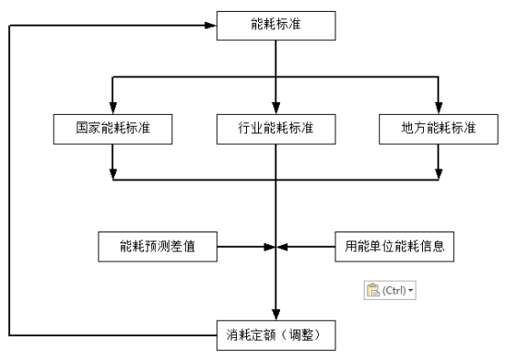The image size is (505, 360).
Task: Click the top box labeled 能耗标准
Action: coord(274,26)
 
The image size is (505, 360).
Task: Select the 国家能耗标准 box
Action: coord(112,129)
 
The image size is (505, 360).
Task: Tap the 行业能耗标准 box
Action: coord(274,129)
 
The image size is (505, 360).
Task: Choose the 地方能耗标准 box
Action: coord(439,129)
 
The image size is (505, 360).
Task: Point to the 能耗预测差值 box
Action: coord(158,245)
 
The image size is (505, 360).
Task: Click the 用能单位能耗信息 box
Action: coord(394,245)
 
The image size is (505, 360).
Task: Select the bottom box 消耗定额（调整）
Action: coord(274,335)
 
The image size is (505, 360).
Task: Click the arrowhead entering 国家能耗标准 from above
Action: coord(112,108)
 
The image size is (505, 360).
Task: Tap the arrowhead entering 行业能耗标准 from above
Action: coord(274,108)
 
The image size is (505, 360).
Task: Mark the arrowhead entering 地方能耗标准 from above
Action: coord(439,108)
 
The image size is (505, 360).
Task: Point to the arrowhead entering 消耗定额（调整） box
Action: coord(274,315)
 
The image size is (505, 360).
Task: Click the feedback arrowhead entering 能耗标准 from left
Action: coord(211,26)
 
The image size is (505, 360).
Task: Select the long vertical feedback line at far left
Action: coord(10,182)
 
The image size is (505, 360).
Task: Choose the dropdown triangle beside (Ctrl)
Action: coord(410,290)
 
